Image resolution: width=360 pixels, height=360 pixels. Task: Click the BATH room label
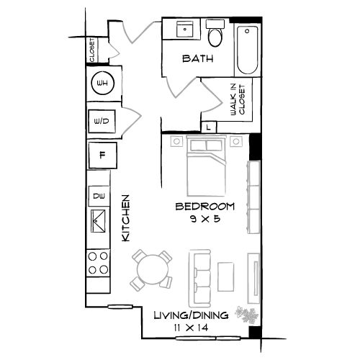(x=197, y=59)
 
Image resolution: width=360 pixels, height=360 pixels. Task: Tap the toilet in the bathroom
(x=215, y=35)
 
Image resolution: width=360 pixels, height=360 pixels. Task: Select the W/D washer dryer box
(x=101, y=122)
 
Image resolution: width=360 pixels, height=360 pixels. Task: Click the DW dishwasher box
(x=99, y=195)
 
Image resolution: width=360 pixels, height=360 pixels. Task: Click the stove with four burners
(x=99, y=264)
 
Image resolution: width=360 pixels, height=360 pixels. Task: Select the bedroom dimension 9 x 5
(x=204, y=219)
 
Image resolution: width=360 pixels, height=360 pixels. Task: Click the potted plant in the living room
(x=248, y=315)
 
